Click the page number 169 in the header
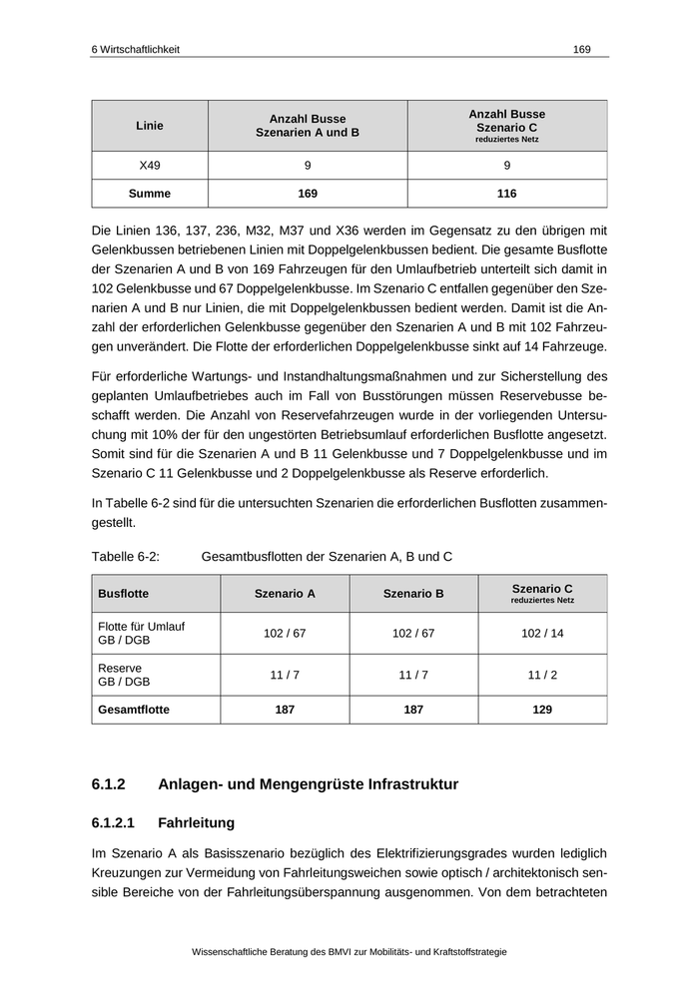pos(582,49)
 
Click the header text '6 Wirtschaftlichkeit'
pos(135,49)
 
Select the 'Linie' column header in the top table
pos(150,126)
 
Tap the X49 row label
pos(150,166)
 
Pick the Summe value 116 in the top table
pos(506,194)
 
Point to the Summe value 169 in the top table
pos(308,194)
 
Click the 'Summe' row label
pos(150,194)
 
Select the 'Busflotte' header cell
pos(124,594)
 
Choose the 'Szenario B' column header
pos(413,594)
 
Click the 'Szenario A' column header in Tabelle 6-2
pos(285,594)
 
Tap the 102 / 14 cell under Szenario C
pos(542,634)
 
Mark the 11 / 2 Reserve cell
pos(542,676)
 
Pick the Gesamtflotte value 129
pos(542,711)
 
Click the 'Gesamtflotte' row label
pos(134,711)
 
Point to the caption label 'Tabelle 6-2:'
pos(126,556)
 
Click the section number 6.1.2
pos(112,784)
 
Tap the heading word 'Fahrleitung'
pos(196,823)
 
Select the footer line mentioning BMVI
pos(349,952)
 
